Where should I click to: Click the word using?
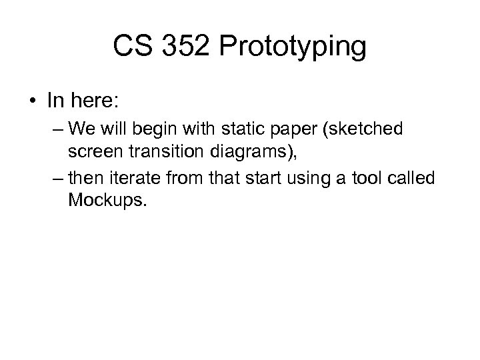tap(312, 179)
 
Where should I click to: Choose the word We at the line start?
tap(81, 128)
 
